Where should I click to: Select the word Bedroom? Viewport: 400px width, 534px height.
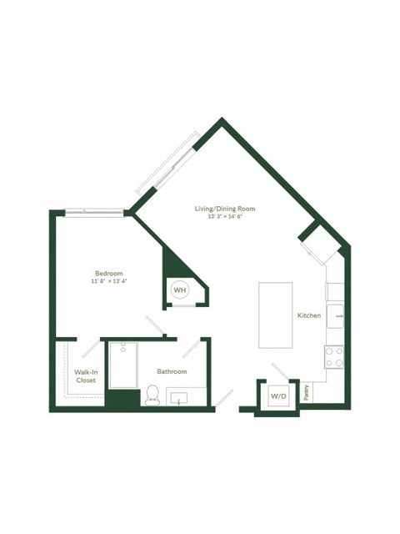point(108,274)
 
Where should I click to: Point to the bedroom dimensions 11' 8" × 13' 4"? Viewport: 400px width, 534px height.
point(108,282)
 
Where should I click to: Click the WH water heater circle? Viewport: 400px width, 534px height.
point(180,290)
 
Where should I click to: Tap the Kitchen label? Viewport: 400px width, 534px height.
point(309,315)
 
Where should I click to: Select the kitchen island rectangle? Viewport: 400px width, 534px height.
point(276,315)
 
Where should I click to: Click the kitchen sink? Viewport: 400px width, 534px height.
point(335,313)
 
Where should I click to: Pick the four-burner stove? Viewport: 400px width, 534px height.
point(334,357)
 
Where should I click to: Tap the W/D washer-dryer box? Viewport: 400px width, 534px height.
point(277,395)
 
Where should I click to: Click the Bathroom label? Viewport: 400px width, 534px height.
point(172,371)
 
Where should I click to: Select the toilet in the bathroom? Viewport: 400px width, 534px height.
point(152,395)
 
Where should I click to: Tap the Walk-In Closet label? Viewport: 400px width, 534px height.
point(84,375)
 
